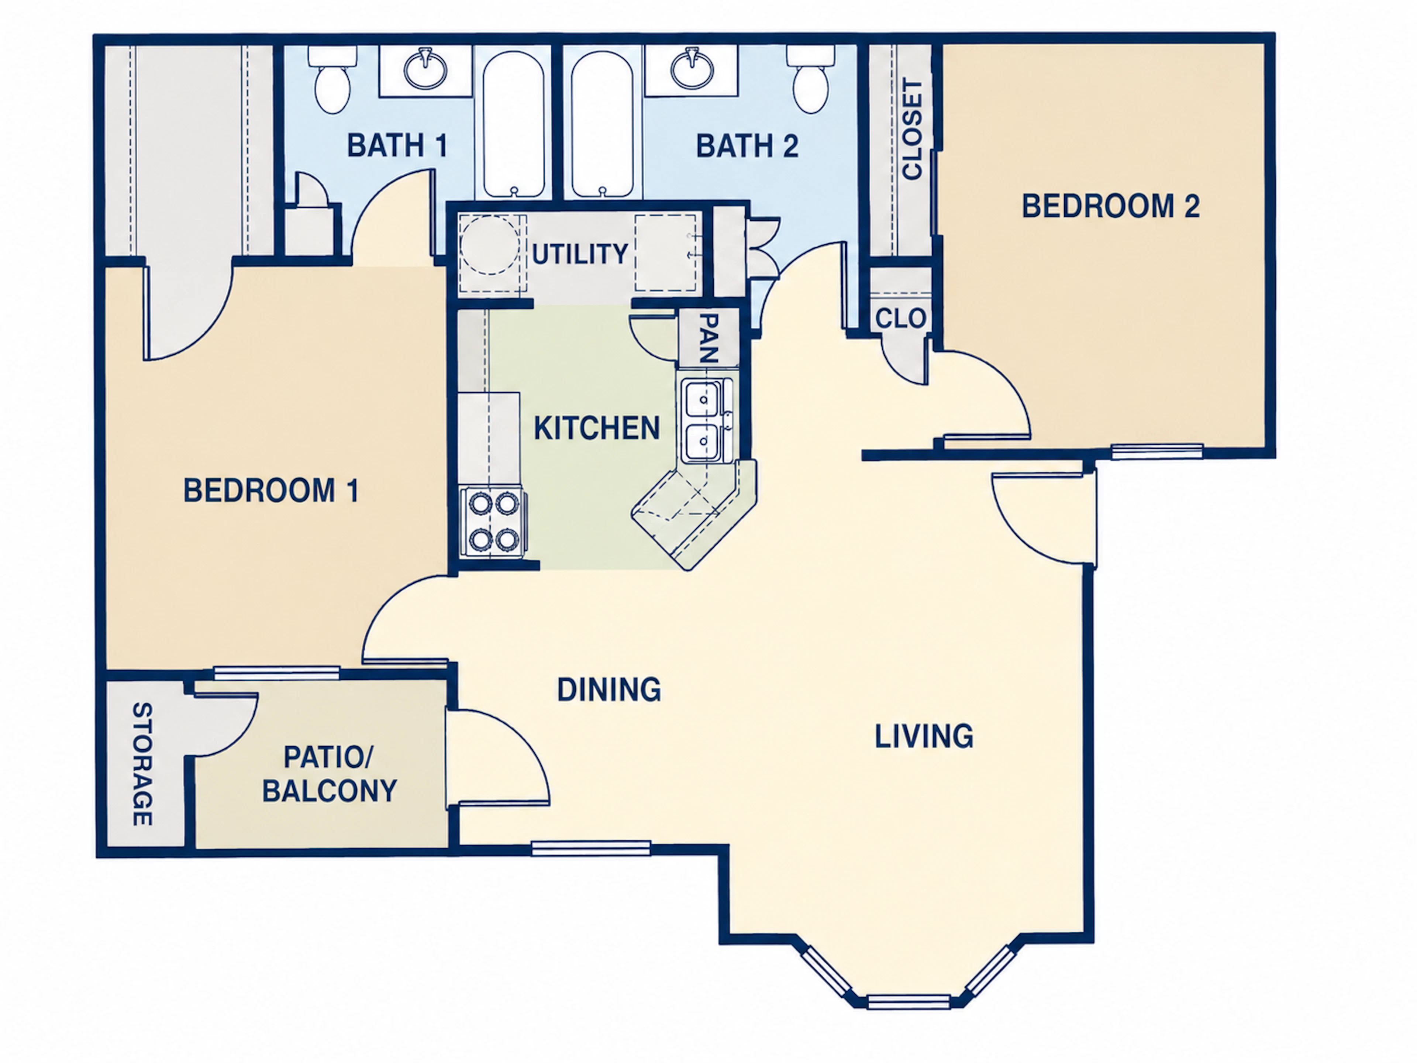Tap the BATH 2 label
(x=747, y=146)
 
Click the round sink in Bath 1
(x=425, y=69)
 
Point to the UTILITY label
(x=580, y=254)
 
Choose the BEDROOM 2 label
(x=1111, y=206)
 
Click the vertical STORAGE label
(x=142, y=764)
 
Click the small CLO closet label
(x=901, y=318)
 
